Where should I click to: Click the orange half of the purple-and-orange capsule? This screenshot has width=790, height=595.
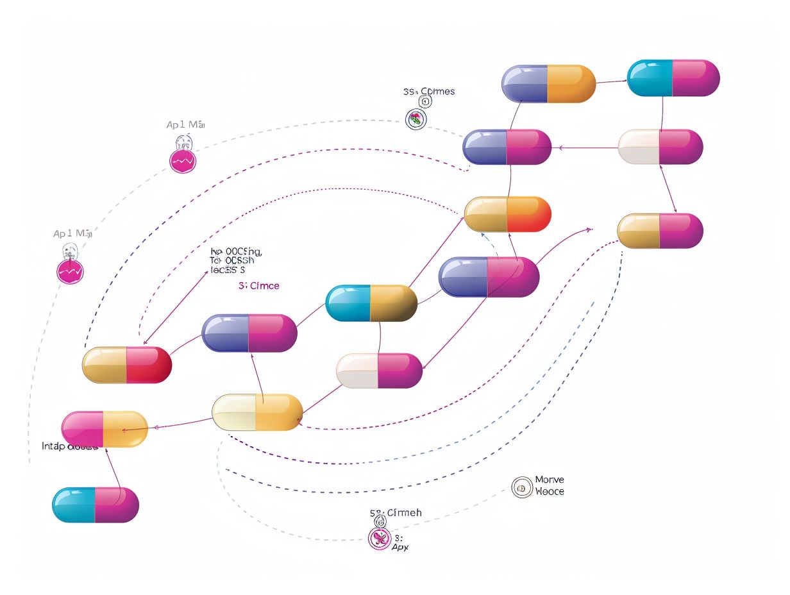tap(571, 83)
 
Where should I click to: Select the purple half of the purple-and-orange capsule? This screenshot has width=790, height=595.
tap(525, 83)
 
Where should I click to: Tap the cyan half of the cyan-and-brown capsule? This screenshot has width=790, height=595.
tap(348, 303)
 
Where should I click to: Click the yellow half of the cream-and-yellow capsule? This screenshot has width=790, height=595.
tap(279, 412)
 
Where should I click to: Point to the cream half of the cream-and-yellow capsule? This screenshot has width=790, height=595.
tap(234, 412)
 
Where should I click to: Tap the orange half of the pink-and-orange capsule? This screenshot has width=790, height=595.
tap(126, 428)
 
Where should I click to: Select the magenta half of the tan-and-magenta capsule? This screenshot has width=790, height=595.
tap(681, 231)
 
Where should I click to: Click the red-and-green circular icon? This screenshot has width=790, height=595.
tap(416, 119)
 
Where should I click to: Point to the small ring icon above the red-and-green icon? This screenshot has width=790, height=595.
tap(424, 101)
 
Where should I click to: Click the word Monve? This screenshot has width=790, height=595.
tap(550, 480)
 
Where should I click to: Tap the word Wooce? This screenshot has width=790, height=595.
tap(550, 491)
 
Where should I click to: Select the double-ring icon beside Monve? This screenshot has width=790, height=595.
tap(522, 488)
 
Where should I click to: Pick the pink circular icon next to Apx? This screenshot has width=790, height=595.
tap(379, 539)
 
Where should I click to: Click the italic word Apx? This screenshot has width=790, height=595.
tap(400, 547)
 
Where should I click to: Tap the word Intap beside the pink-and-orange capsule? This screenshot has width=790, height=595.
tap(53, 446)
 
